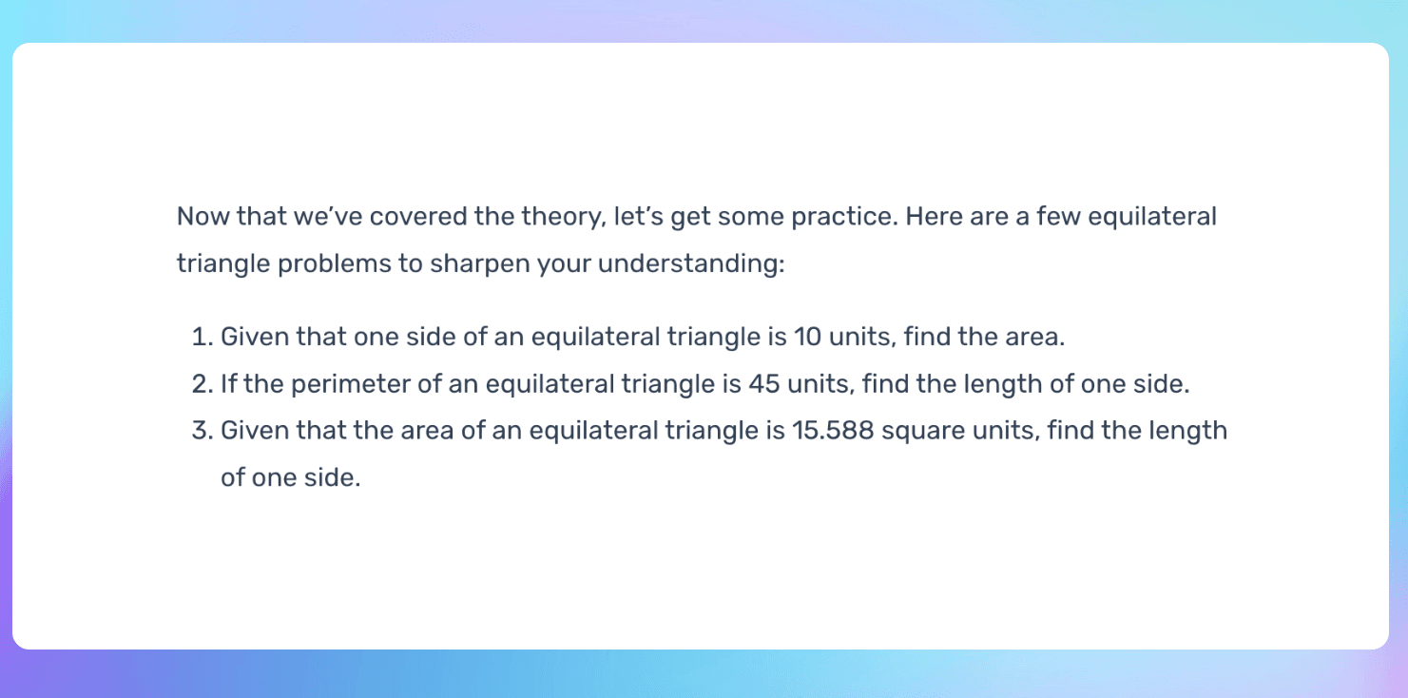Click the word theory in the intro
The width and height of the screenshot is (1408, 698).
[x=558, y=217]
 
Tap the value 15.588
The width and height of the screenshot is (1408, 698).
[x=833, y=431]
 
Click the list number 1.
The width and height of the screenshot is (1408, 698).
[x=200, y=338]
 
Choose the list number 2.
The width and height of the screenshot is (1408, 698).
[x=200, y=384]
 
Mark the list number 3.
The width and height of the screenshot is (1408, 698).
[x=200, y=431]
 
